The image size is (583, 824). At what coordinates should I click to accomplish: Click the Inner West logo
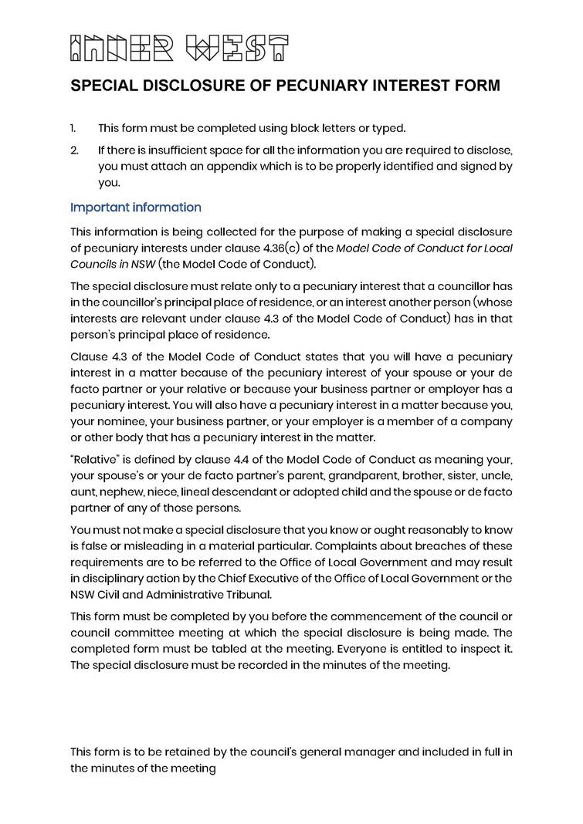coord(179,48)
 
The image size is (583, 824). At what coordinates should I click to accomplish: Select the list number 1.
coord(73,128)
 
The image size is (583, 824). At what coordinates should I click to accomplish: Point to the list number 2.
coord(74,148)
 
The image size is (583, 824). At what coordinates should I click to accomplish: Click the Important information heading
coord(136,208)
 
